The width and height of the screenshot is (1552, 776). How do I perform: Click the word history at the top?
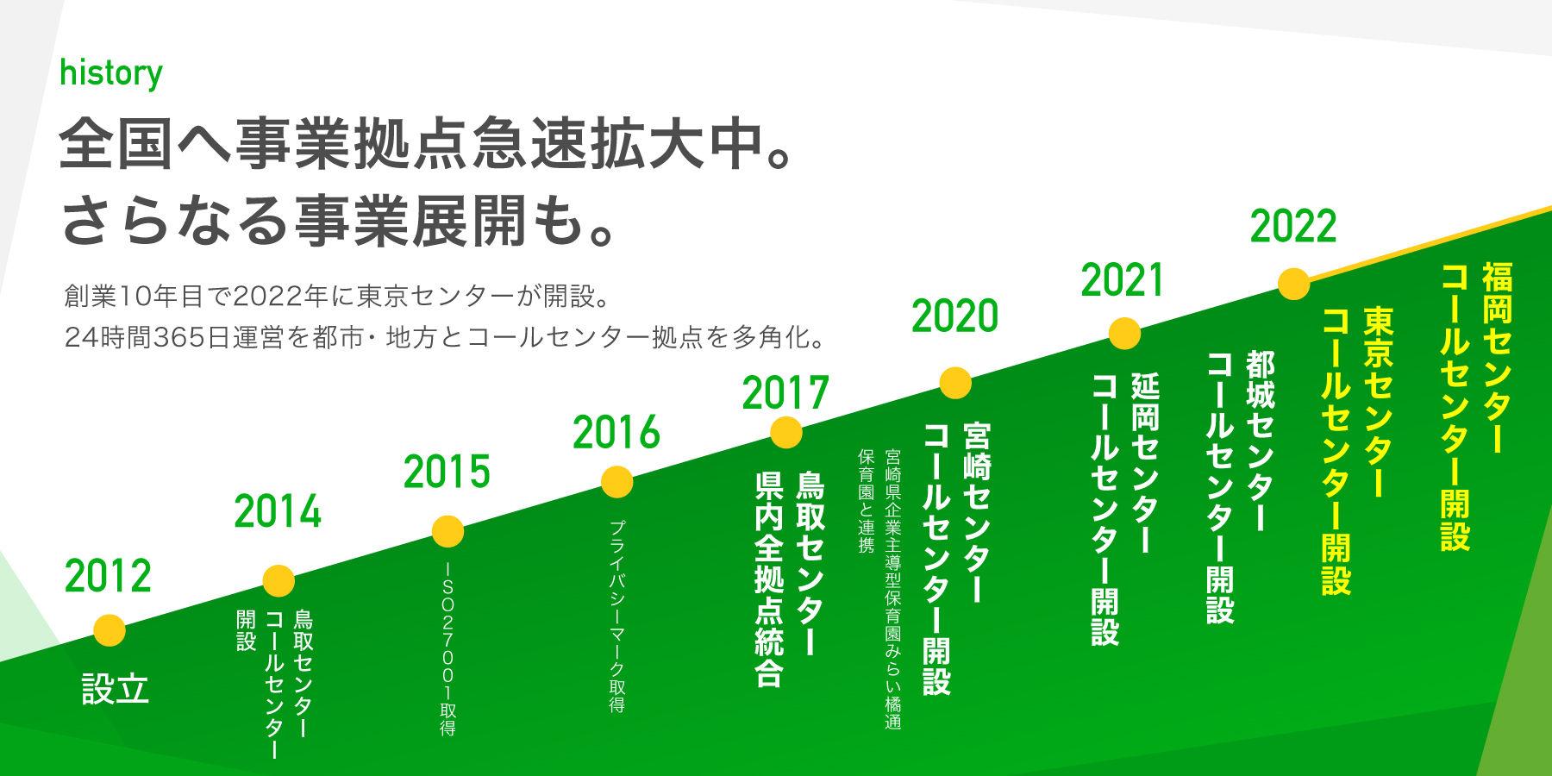[111, 73]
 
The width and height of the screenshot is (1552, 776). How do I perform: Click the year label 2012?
[108, 576]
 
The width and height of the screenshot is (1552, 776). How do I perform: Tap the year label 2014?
[278, 511]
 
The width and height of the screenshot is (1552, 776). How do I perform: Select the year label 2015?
[447, 472]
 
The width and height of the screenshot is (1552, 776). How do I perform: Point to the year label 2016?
[616, 432]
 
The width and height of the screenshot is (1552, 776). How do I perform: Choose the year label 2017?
[785, 392]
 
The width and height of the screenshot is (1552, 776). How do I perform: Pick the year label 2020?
[955, 316]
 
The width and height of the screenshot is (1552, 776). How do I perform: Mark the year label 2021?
[1123, 281]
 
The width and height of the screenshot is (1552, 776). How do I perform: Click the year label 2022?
[1293, 227]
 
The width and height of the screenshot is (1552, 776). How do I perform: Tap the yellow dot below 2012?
[110, 630]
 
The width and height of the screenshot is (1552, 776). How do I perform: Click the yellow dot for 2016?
[617, 482]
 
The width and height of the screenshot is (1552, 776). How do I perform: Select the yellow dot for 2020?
[955, 383]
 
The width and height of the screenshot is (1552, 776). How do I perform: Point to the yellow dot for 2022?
[1294, 284]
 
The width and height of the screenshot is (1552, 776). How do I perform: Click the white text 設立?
[116, 690]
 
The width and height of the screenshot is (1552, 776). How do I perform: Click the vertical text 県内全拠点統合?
[769, 579]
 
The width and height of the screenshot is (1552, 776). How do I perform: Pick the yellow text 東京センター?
[1378, 402]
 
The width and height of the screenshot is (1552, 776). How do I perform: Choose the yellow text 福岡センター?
[1498, 358]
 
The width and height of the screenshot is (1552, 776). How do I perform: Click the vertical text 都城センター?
[1261, 441]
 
